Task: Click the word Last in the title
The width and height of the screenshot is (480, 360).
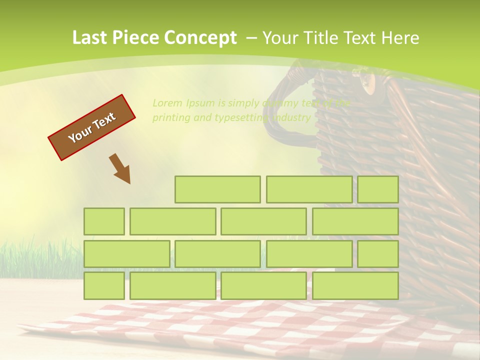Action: [90, 38]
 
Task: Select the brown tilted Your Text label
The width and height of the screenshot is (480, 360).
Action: [92, 127]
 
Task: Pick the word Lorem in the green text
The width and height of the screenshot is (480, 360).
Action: [167, 103]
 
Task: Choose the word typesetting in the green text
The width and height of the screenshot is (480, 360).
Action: [242, 118]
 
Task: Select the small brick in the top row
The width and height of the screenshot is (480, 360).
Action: [378, 189]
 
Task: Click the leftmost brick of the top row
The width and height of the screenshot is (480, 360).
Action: [217, 189]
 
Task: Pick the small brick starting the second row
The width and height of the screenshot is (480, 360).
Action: [104, 221]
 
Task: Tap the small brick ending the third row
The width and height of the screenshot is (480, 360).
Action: [378, 253]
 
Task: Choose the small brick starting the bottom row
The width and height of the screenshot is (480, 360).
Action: [104, 285]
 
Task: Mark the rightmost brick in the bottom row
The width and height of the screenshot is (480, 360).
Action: [355, 285]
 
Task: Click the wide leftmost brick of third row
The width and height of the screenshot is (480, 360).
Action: [126, 253]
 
